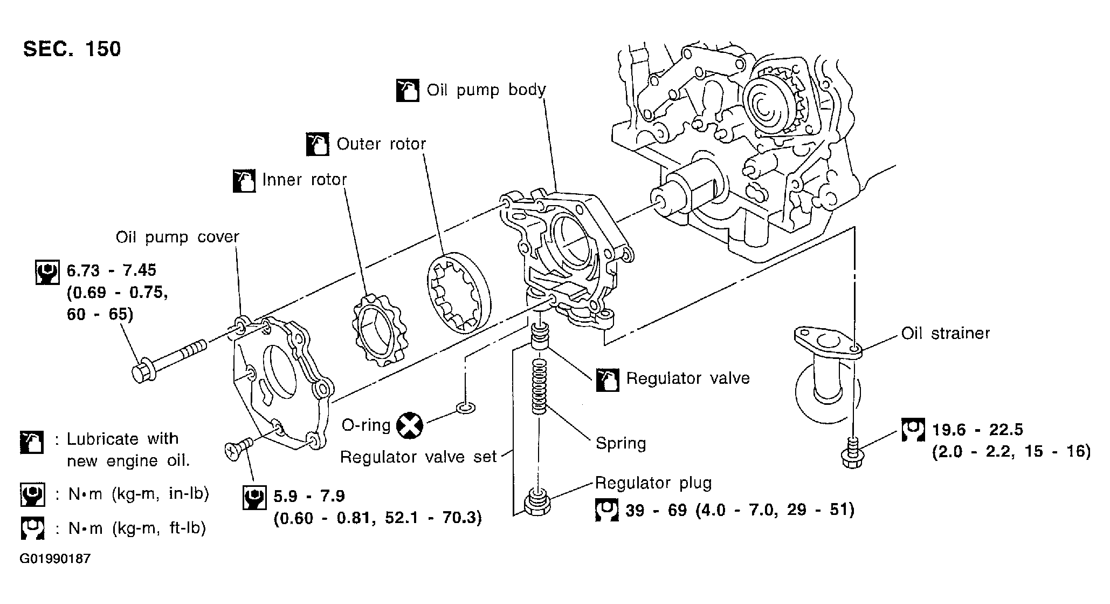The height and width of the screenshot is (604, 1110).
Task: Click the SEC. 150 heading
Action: coord(72,49)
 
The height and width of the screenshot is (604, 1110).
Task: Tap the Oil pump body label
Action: coord(486,90)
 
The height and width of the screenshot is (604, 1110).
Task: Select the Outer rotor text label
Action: coord(381,144)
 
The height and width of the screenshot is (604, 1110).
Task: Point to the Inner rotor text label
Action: coord(304,179)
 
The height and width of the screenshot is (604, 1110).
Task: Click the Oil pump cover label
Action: coord(177,237)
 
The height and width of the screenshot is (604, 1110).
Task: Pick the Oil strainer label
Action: coord(946,333)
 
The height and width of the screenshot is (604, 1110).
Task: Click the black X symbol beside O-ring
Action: coord(410,426)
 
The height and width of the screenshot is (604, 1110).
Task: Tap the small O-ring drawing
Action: coord(466,408)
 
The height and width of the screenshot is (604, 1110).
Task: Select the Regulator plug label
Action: coord(653,483)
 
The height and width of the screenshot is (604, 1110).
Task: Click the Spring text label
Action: coord(621,444)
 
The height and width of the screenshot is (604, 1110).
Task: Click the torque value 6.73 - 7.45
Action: coord(112,270)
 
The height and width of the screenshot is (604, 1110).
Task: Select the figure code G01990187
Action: coord(55,559)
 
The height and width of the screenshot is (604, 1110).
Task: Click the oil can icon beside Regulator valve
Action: coord(608,380)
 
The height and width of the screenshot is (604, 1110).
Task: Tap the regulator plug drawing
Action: coord(536,502)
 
